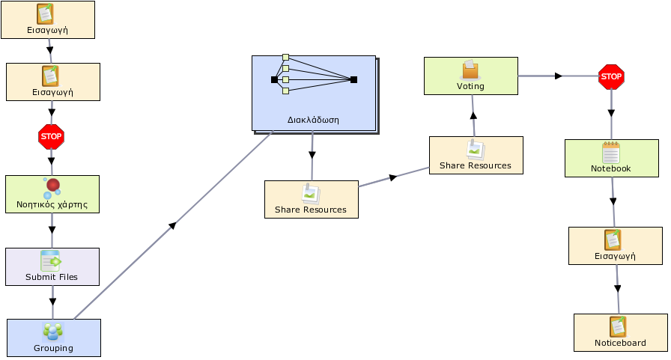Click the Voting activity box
point(471,76)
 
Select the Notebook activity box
point(612,158)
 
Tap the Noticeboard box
point(621,332)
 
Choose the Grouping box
point(54,338)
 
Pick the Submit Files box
point(52,266)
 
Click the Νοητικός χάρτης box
point(52,194)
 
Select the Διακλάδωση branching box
point(314,94)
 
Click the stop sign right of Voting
point(611,77)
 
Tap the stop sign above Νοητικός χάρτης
point(51,137)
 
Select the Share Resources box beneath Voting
point(476,155)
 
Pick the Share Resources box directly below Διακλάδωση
point(311,199)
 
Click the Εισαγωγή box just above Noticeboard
point(616,245)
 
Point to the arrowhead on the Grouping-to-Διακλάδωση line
point(172,225)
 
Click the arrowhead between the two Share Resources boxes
point(393,177)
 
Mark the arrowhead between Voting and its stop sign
point(558,76)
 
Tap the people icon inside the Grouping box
point(53,332)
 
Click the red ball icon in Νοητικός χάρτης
point(53,185)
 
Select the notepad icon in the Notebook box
point(610,152)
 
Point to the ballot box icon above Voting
point(470,70)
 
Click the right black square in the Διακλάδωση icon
point(353,79)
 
